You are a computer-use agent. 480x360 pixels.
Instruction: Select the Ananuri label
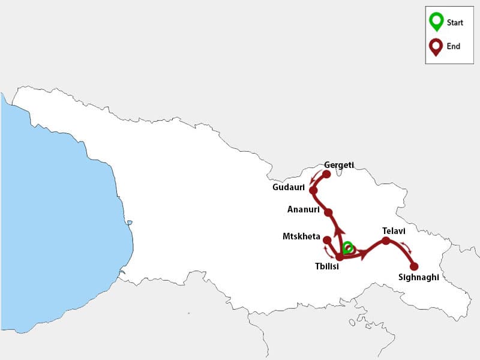(302, 209)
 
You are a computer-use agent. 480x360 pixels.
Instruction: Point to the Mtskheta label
(301, 236)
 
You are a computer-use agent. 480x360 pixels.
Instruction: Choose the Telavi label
(394, 230)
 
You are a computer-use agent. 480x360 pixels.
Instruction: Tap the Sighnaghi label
(419, 277)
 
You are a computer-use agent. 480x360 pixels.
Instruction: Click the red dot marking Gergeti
(326, 175)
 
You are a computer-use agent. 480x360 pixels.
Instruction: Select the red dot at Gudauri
(313, 190)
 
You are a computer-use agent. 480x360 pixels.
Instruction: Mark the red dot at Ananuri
(328, 212)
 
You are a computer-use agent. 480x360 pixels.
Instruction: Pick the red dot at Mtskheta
(326, 240)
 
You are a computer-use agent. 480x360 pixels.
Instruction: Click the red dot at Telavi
(386, 241)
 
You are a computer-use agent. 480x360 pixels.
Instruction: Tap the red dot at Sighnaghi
(413, 266)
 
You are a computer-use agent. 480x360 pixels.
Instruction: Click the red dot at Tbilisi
(339, 257)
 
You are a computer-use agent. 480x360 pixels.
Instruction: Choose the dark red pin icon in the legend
(436, 46)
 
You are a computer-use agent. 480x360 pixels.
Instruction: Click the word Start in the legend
(455, 23)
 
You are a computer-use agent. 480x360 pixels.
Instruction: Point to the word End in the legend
(453, 46)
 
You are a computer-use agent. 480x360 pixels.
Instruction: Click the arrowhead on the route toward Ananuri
(338, 231)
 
